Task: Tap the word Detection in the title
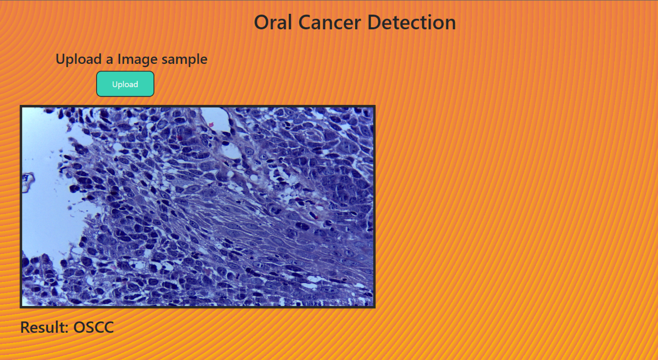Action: pos(412,22)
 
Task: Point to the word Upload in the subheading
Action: pos(79,60)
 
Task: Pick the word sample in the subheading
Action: pos(185,60)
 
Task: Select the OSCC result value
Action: pos(94,327)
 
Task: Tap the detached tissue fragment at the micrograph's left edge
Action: pos(28,182)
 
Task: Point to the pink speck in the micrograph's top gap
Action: pos(211,125)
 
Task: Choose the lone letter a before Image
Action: pos(109,61)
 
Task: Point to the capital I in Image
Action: pos(119,59)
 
